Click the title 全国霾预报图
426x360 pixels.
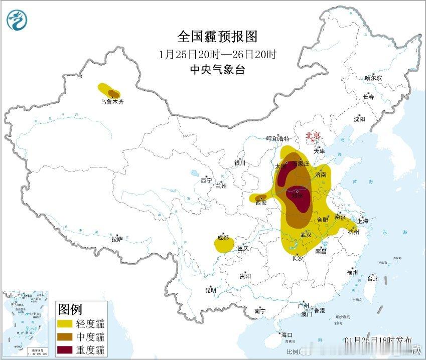pos(217,37)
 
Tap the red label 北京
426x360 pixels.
pos(313,135)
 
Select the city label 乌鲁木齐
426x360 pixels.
pos(111,102)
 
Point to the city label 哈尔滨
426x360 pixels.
pos(373,78)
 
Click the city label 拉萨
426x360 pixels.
pos(117,239)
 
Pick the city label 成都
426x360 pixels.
pos(223,238)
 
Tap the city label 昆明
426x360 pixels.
pos(210,290)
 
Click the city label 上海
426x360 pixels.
pos(362,221)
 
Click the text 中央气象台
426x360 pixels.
pos(217,70)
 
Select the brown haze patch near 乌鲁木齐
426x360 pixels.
pos(114,93)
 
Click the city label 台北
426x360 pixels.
pos(373,279)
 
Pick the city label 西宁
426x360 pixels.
pos(207,180)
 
